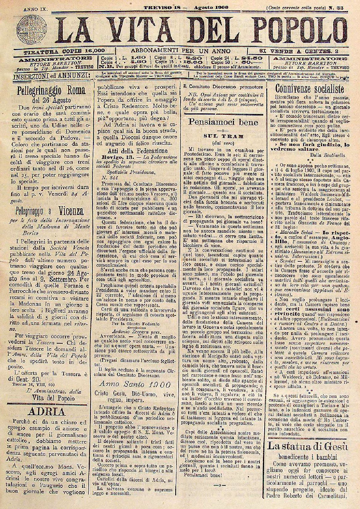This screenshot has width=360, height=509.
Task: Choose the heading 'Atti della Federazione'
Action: (138, 151)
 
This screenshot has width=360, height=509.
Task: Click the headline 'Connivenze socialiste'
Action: (309, 89)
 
